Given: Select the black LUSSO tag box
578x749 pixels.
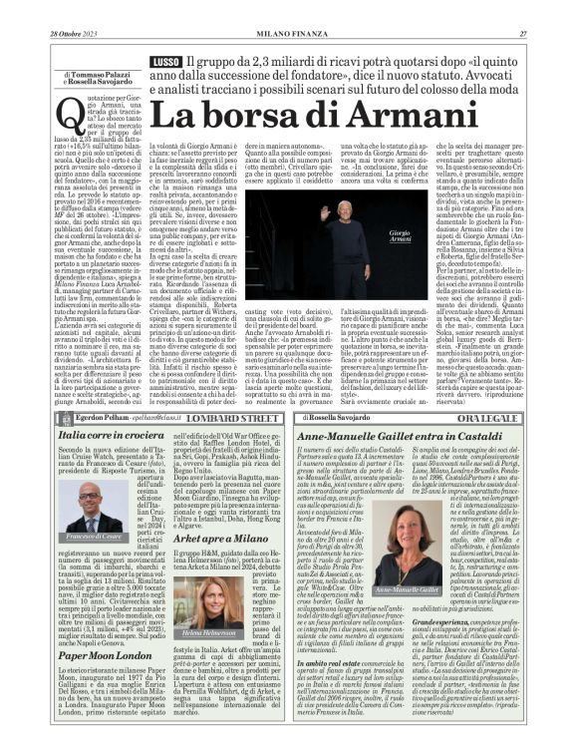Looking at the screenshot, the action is [164, 63].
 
